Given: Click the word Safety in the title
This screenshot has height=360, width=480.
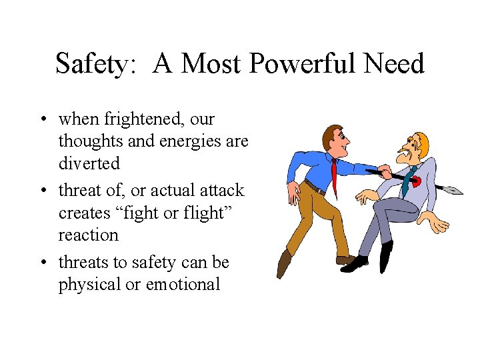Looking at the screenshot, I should [x=96, y=65].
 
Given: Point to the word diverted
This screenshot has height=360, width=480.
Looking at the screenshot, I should [x=89, y=163].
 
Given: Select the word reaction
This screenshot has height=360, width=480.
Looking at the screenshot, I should [x=88, y=235].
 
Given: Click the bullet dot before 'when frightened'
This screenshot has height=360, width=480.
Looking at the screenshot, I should [x=42, y=120].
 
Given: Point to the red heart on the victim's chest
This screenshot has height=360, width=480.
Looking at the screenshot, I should [x=415, y=179].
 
